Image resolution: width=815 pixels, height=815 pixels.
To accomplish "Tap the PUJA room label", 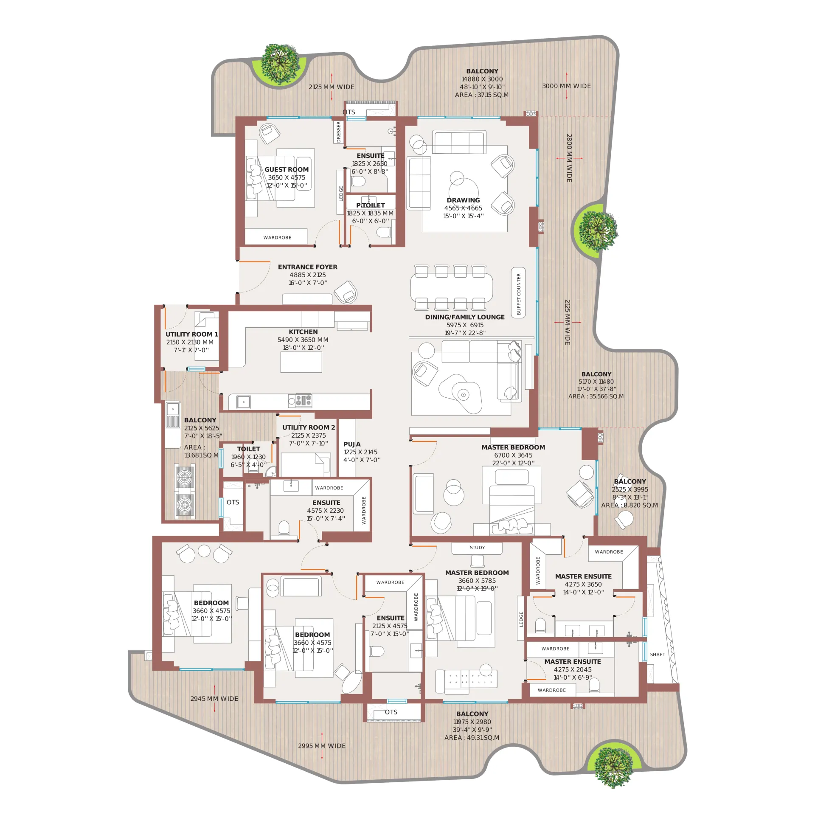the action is (352, 444).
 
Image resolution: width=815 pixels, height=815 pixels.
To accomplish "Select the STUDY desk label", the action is (477, 548).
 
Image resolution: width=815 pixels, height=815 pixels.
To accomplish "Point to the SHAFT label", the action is (658, 655).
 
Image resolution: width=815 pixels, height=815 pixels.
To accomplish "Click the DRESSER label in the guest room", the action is (338, 132).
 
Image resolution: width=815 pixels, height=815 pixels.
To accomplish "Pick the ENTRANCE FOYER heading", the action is (308, 267).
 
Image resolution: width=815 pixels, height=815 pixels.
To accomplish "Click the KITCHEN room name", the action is (303, 332).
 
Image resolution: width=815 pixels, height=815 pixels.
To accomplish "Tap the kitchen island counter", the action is (301, 362).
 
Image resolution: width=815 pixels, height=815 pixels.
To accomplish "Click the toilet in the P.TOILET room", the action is (384, 232).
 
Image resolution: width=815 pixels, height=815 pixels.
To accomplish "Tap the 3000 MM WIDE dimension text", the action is (566, 86).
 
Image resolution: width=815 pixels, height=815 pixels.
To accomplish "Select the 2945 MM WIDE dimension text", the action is (214, 699).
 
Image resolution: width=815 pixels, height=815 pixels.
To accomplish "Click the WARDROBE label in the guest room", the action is (277, 238).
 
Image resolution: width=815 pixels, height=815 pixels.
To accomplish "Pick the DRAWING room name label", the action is (463, 200).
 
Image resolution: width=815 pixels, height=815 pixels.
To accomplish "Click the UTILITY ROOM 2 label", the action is (309, 427).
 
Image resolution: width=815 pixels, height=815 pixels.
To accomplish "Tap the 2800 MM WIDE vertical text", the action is (569, 158).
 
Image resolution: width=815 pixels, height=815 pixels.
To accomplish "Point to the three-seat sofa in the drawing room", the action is (459, 143).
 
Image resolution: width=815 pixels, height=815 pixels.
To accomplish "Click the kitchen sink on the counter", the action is (243, 402).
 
